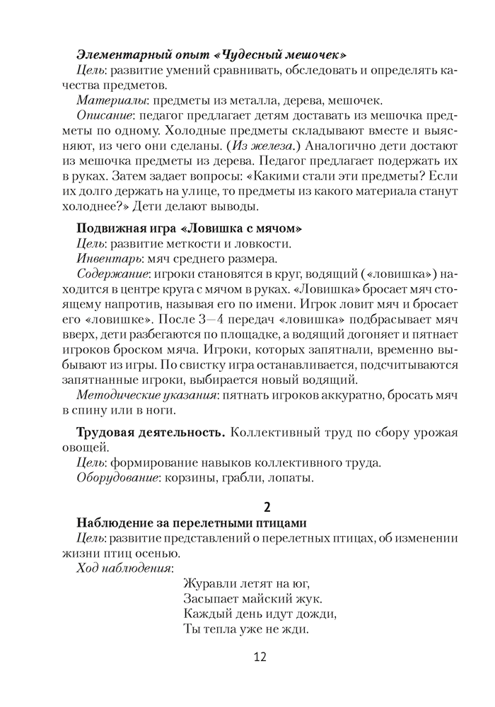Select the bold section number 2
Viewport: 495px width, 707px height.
coord(267,506)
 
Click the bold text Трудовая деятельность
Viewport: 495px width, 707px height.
coord(151,432)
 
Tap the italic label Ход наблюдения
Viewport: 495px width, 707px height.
coord(124,569)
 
